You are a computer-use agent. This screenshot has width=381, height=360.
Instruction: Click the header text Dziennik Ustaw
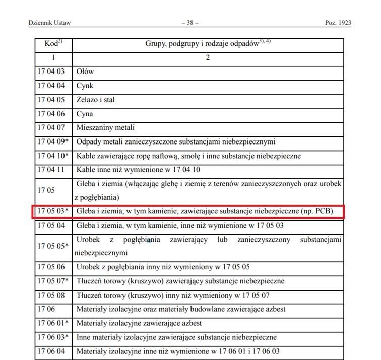tap(49, 23)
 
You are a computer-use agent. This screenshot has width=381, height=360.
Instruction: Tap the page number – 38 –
tap(189, 23)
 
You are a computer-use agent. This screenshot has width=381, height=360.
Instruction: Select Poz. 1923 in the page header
tap(338, 23)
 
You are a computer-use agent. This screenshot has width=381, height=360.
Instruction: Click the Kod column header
tap(52, 44)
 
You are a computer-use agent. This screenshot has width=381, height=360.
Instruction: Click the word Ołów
tap(85, 71)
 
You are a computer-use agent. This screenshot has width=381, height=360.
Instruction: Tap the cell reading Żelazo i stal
tap(96, 100)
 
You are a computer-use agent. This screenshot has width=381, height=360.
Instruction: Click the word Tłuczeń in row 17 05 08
tap(89, 295)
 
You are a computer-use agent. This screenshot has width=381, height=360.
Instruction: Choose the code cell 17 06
tap(46, 309)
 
